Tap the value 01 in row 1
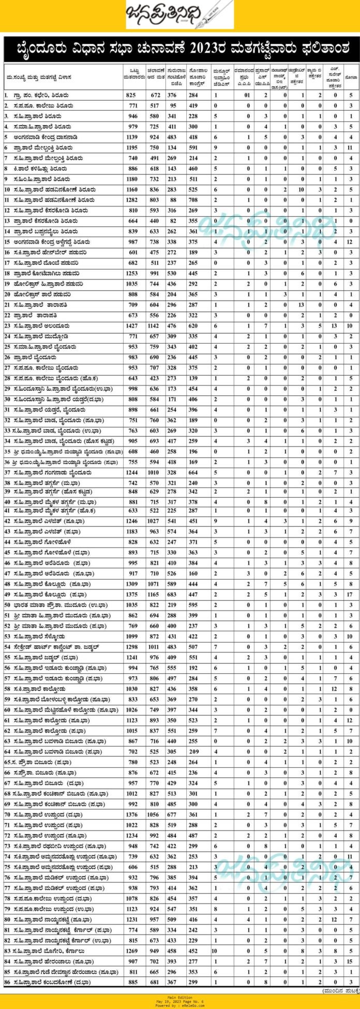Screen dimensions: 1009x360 point(248,95)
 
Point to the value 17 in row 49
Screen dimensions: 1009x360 point(351,595)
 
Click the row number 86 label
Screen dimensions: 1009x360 point(7,982)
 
